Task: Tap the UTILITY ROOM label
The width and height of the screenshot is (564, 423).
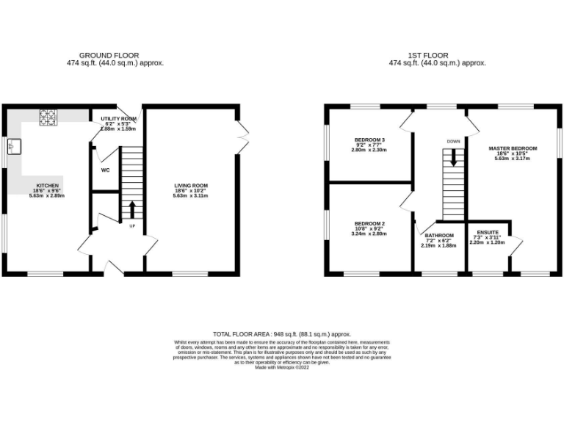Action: (118, 118)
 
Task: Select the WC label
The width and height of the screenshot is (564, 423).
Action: (105, 170)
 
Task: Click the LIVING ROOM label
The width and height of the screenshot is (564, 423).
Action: (191, 186)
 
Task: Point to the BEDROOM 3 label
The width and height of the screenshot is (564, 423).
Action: (370, 140)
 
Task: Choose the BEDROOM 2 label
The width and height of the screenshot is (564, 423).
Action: (370, 223)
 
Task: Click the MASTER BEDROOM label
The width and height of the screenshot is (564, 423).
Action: (513, 148)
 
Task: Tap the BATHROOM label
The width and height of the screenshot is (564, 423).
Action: (439, 236)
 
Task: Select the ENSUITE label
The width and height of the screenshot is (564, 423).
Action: (488, 232)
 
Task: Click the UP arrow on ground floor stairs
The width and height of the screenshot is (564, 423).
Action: (132, 209)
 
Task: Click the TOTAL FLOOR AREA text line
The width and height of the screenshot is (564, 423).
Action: (282, 333)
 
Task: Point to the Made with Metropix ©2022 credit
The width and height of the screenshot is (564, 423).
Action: (282, 368)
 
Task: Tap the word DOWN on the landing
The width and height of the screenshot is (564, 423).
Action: (453, 141)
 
